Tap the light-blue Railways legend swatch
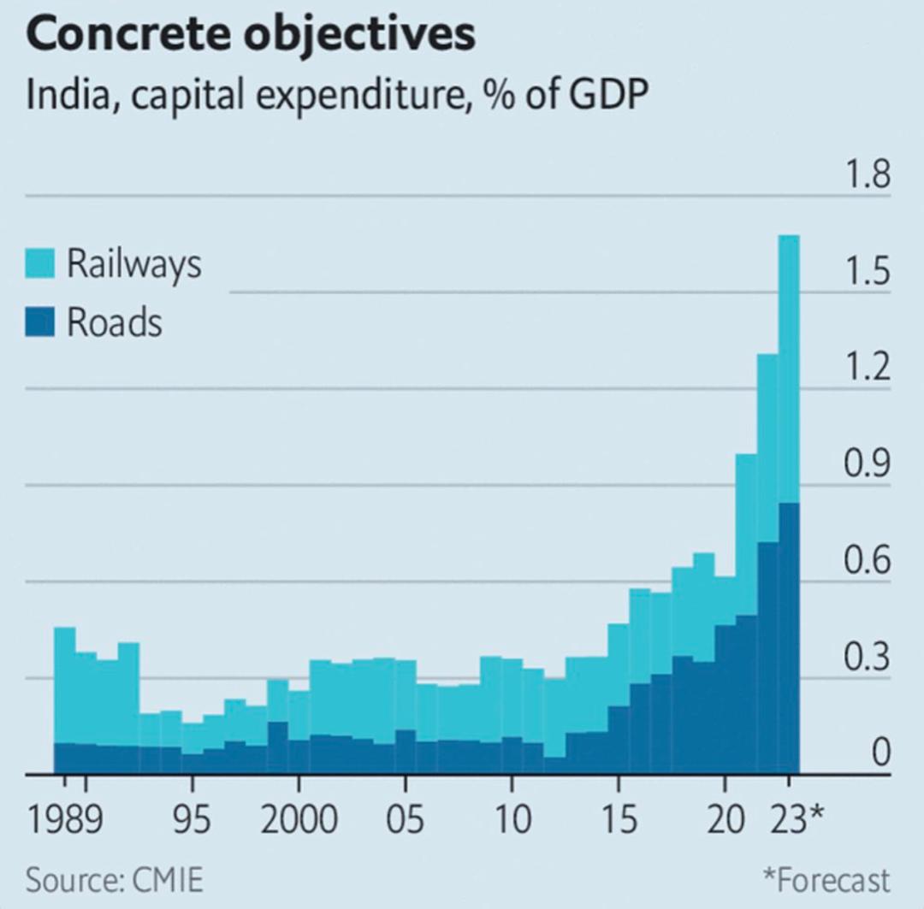41,263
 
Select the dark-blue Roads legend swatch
41,323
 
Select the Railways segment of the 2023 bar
789,368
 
